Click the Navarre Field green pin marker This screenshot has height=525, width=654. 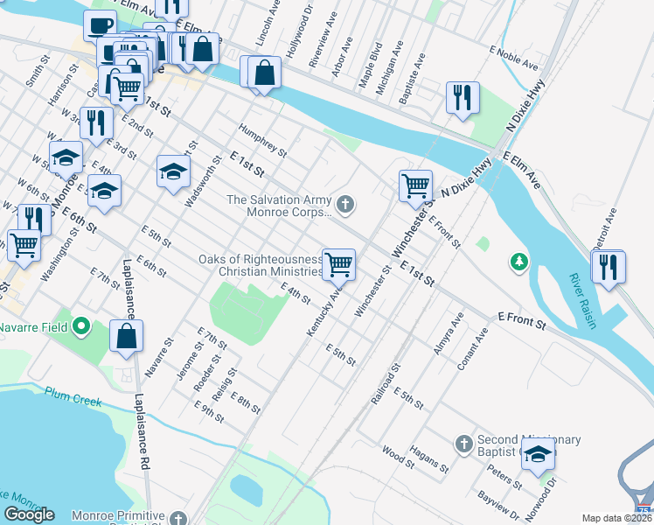pos(82,328)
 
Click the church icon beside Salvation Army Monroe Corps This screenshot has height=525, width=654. pos(345,206)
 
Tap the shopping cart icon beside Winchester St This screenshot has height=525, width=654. pos(415,185)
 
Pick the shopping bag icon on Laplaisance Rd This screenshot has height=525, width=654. pos(127,336)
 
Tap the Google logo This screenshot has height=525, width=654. pos(29,514)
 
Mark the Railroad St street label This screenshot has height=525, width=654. pos(385,383)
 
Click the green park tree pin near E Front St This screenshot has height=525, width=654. pos(519,261)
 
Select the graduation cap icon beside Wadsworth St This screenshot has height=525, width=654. pos(173,171)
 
